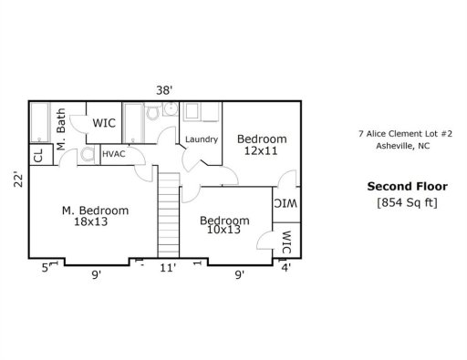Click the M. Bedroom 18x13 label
[95, 216]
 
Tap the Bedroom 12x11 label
[262, 144]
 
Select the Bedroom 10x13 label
[224, 225]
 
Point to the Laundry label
[201, 139]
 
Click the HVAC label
[114, 155]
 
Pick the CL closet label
[38, 156]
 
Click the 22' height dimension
[16, 180]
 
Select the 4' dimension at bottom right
[286, 269]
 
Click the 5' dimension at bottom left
[45, 269]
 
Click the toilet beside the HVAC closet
[87, 155]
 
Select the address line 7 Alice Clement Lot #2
[399, 133]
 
